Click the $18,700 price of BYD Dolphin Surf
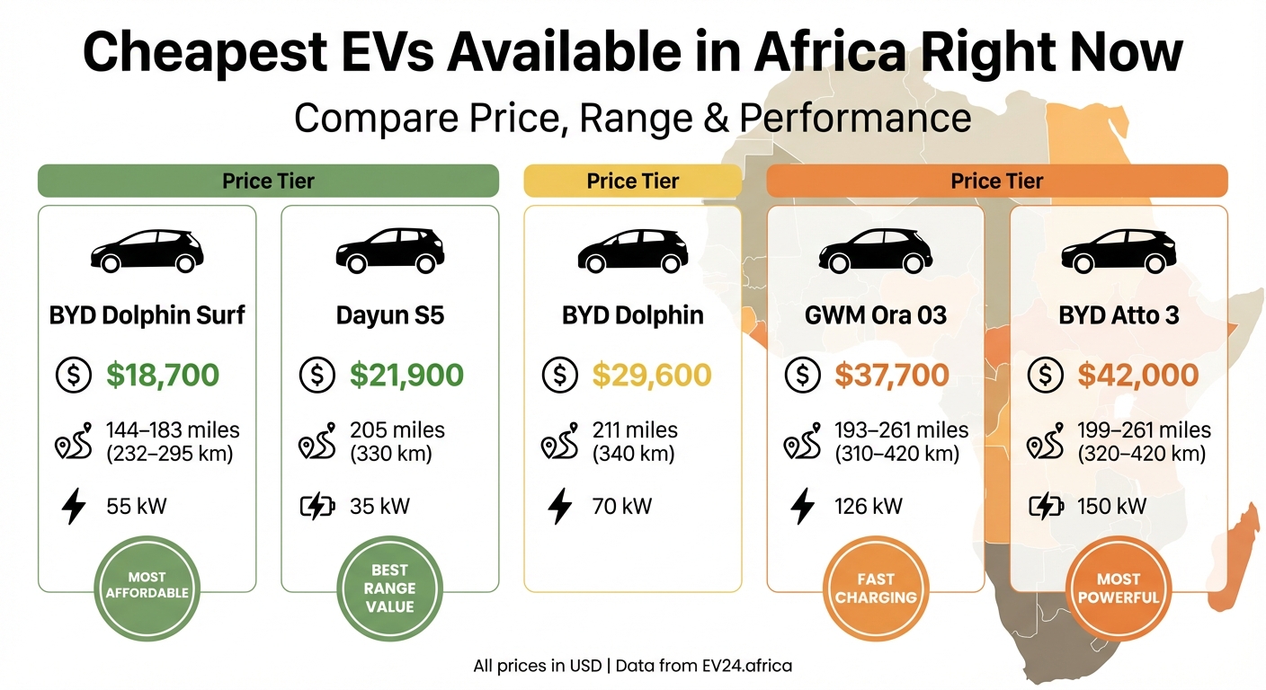point(162,376)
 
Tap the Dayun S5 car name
point(389,316)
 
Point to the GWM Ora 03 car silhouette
point(875,250)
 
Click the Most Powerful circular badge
point(1119,588)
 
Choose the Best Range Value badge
point(389,588)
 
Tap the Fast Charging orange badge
point(875,588)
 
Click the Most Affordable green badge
point(147,586)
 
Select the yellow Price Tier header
point(632,181)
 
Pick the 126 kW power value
point(868,507)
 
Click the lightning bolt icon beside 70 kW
point(560,507)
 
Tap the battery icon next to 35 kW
point(316,507)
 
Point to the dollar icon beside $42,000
point(1046,376)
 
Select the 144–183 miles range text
point(173,431)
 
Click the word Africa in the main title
point(831,52)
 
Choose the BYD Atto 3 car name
point(1119,316)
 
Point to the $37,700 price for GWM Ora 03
point(891,376)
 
